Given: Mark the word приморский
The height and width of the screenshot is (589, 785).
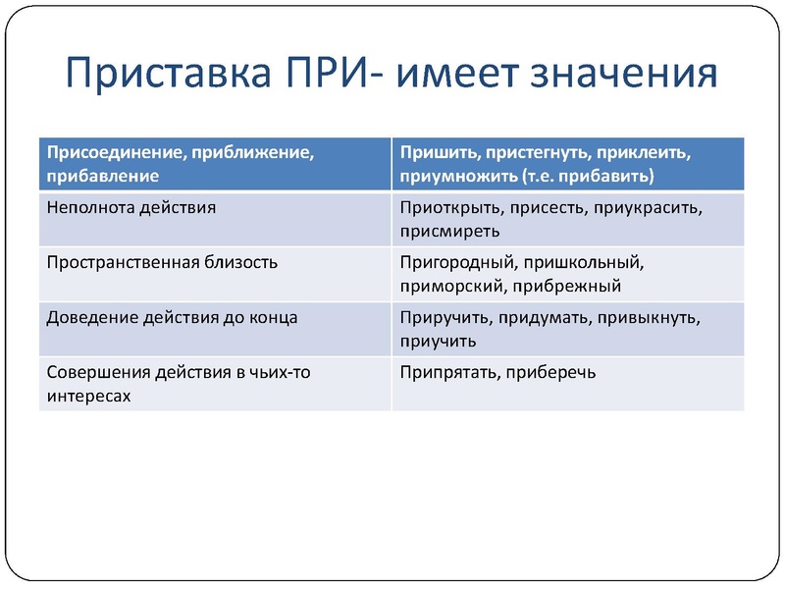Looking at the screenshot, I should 451,287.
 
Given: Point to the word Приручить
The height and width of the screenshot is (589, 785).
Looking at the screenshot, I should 445,318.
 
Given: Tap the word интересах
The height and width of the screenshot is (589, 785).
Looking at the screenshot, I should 89,397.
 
